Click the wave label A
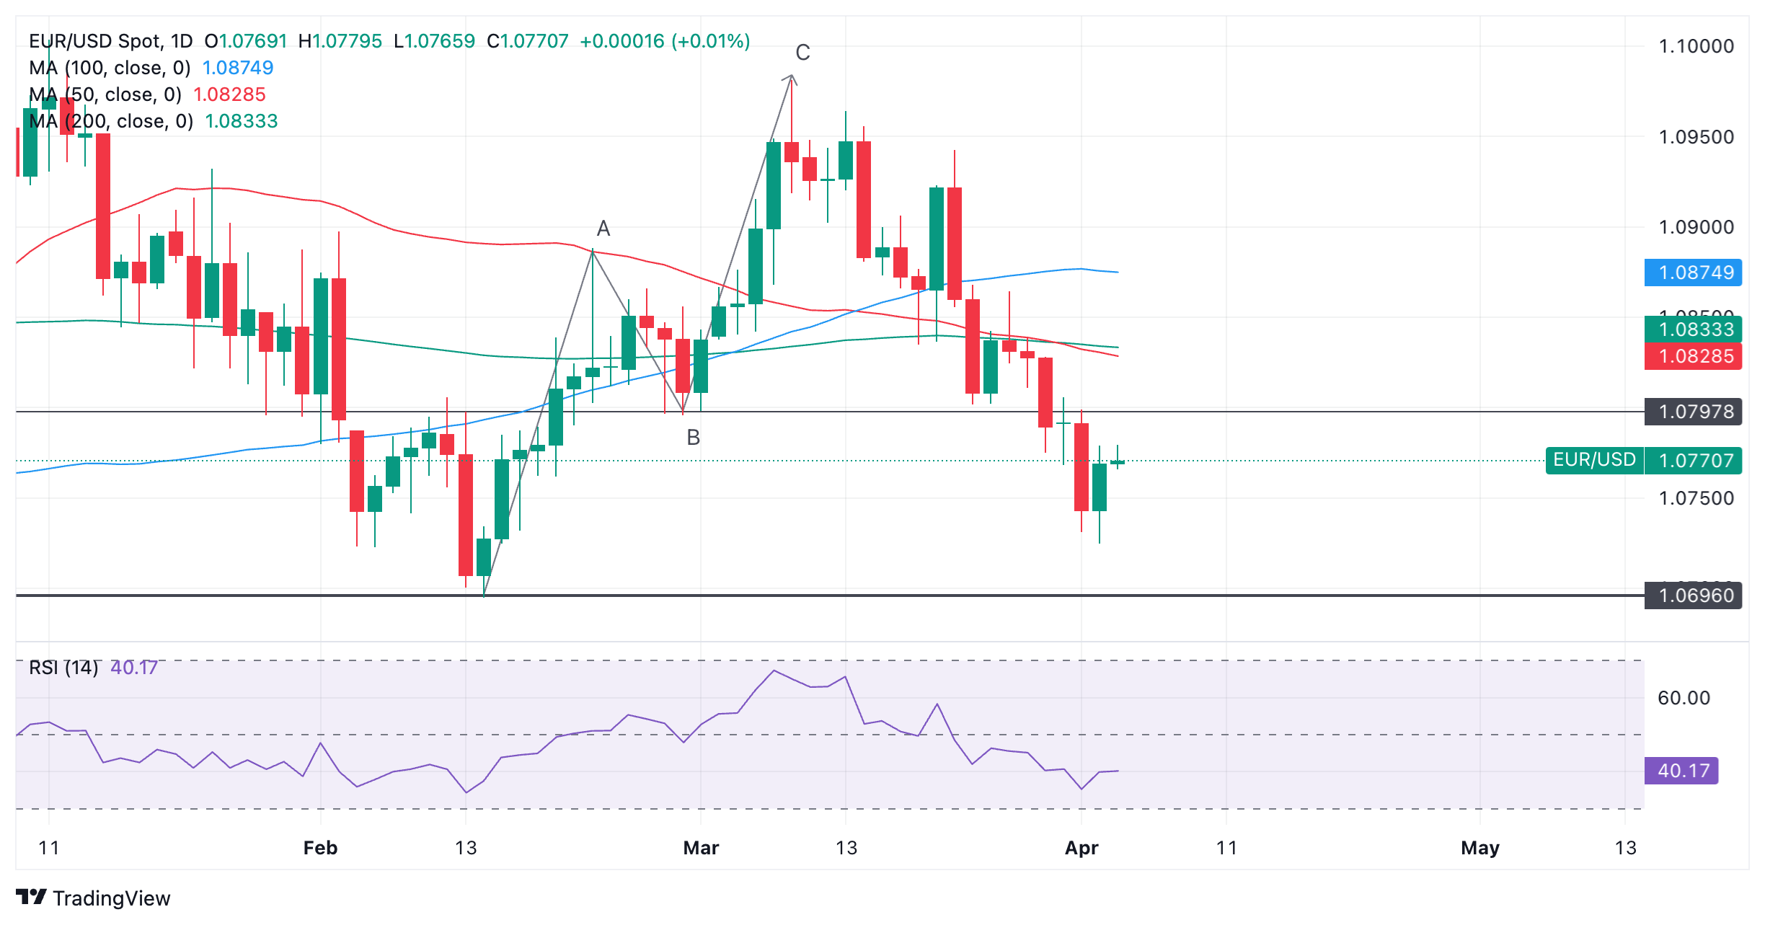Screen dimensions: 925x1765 coord(603,229)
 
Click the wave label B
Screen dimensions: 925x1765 coord(693,438)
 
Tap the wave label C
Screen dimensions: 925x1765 coord(802,53)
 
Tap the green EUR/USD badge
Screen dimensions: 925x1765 coord(1593,460)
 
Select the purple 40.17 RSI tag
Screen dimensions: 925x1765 coord(1681,771)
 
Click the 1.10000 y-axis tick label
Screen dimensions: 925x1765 coord(1696,46)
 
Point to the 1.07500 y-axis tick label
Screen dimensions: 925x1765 coord(1696,498)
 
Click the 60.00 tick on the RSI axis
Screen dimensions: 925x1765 coord(1684,698)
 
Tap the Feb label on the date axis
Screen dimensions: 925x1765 coord(320,848)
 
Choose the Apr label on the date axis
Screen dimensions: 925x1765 coord(1081,848)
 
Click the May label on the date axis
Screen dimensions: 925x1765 coord(1479,848)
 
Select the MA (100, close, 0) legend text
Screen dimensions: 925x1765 coord(110,68)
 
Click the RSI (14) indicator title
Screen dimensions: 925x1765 coord(63,668)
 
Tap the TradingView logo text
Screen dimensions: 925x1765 coord(111,898)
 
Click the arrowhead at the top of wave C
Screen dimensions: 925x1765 coord(791,76)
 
